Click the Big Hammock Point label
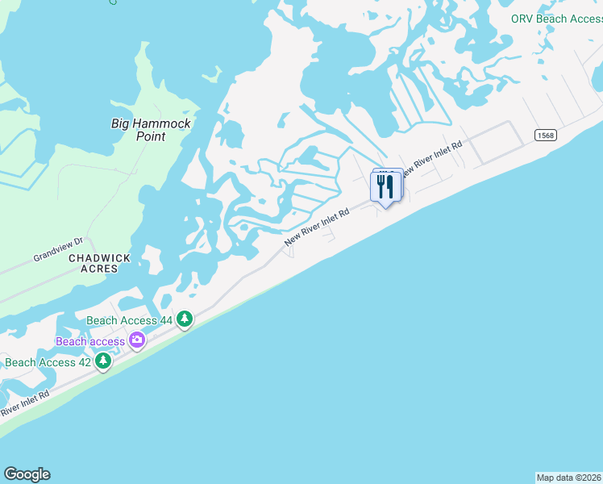(x=150, y=130)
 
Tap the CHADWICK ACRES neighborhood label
(x=99, y=263)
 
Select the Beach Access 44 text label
(x=128, y=320)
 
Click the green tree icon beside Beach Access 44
(x=185, y=320)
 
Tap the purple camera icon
(x=137, y=341)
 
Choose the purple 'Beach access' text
(x=90, y=341)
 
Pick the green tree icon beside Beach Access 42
(x=102, y=362)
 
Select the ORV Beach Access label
(x=556, y=19)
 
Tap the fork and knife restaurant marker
(x=385, y=187)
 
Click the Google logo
(x=27, y=474)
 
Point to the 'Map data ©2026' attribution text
(x=568, y=478)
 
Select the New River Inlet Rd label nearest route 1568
(x=433, y=159)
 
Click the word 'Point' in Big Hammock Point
(x=150, y=136)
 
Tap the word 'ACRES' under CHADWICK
(x=99, y=269)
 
